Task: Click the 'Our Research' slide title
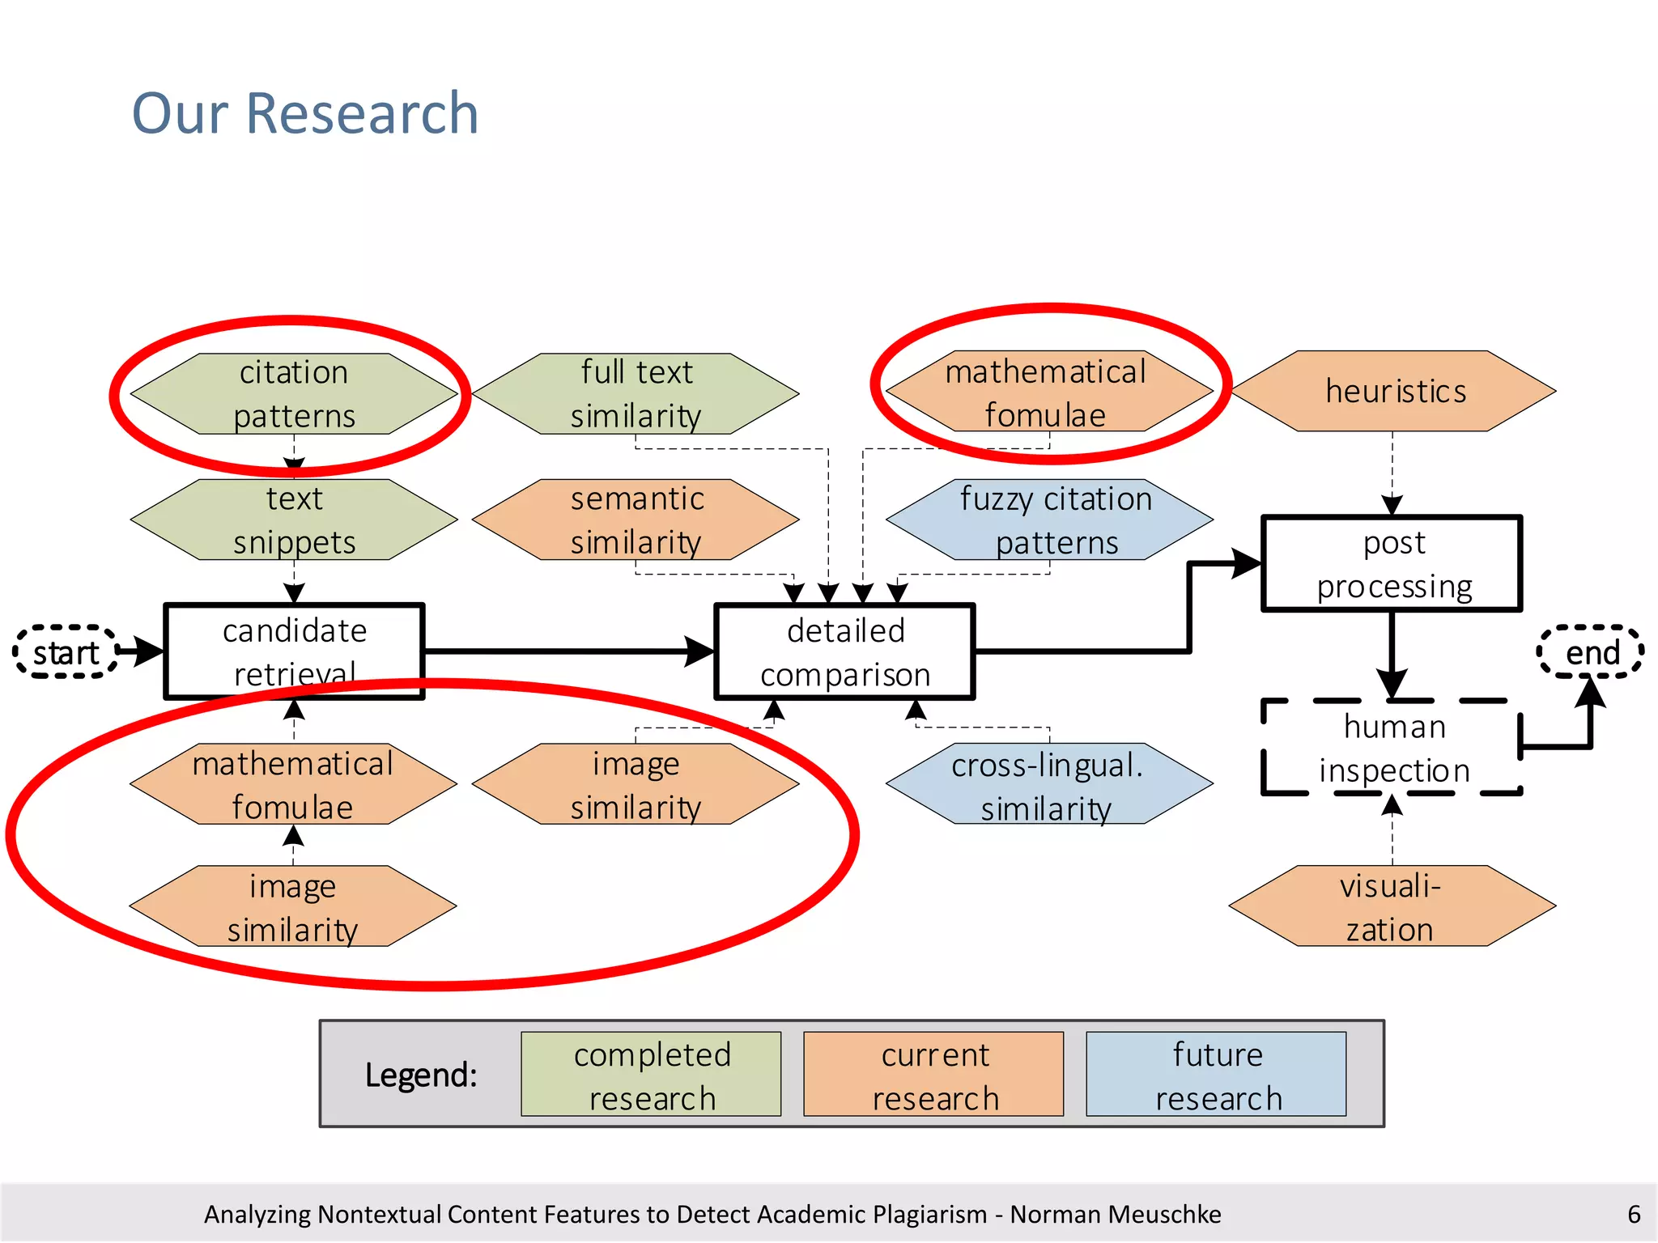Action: pos(305,113)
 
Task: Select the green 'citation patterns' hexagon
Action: pos(294,394)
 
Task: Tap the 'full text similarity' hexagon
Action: pos(636,394)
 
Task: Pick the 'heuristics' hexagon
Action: pos(1393,391)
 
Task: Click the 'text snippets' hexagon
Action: pos(294,520)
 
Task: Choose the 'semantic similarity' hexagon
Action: pos(636,520)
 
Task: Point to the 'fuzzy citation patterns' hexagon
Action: pos(1050,520)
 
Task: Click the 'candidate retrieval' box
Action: pos(294,651)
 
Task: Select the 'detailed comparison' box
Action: pos(844,651)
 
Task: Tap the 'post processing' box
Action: pos(1392,563)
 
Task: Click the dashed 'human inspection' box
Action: pos(1392,748)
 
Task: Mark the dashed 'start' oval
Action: pos(66,651)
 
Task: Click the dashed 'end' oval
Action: pos(1591,651)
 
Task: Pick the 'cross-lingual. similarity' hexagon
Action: pos(1049,784)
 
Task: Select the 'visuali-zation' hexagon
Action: pos(1392,906)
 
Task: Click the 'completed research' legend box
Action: pos(651,1075)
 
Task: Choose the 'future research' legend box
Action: pos(1216,1075)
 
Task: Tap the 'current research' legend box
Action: pos(933,1075)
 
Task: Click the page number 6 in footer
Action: pos(1634,1214)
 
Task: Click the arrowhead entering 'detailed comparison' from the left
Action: pos(700,651)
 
